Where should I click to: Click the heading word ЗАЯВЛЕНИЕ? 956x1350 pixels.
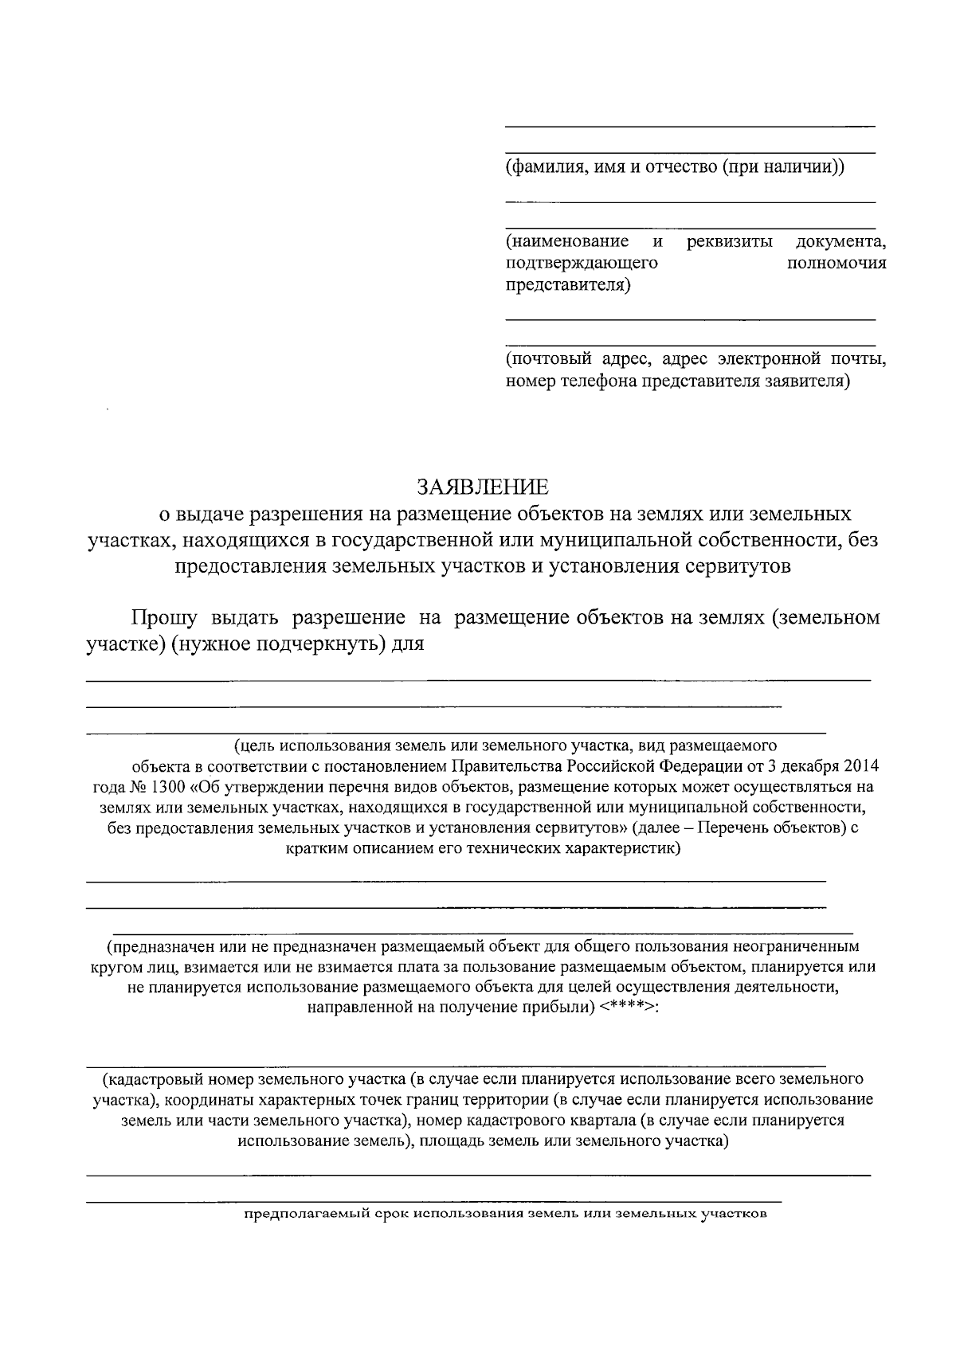[484, 487]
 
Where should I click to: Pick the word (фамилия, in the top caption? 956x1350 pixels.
[542, 168]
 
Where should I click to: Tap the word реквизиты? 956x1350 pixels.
[729, 241]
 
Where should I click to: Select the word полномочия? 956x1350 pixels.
[836, 264]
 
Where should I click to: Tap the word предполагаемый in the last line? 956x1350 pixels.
[304, 1215]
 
